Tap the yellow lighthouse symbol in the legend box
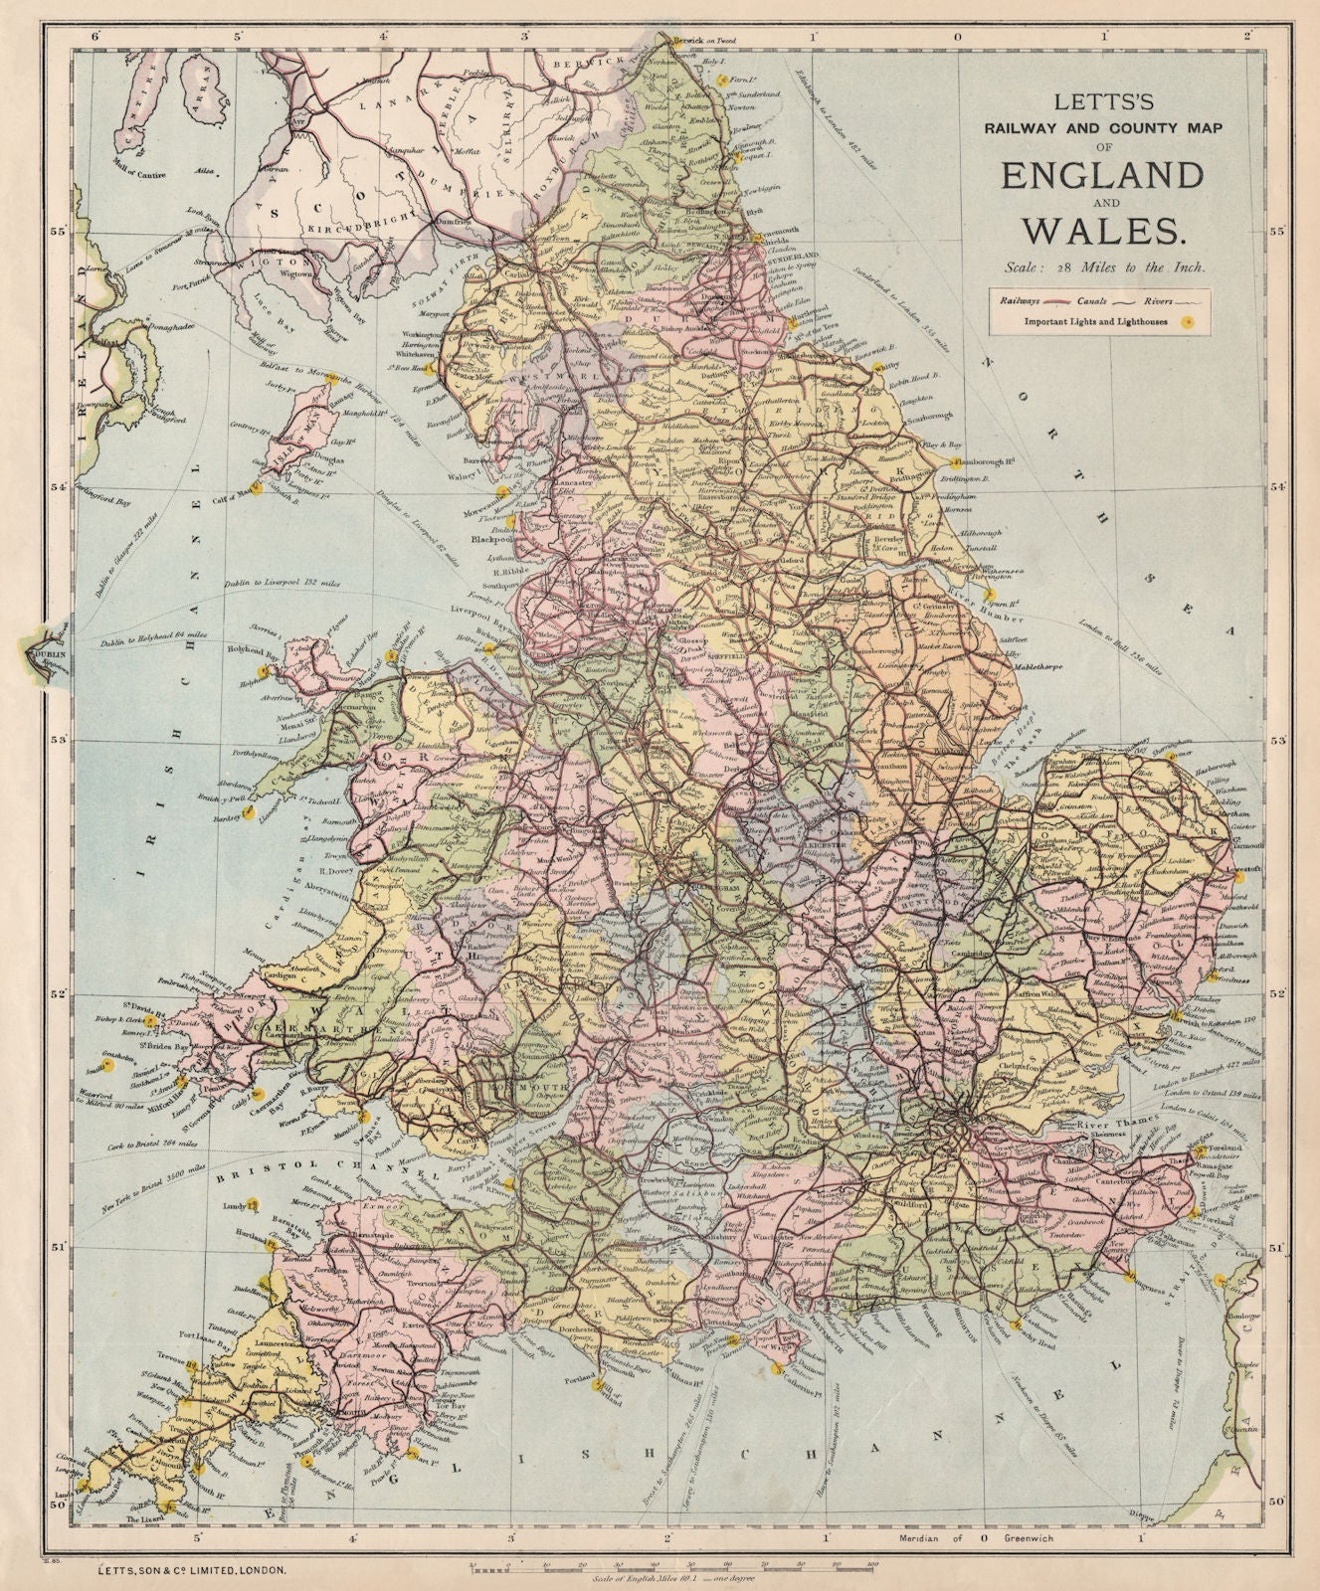pos(1184,321)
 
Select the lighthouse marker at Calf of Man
pos(258,488)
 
